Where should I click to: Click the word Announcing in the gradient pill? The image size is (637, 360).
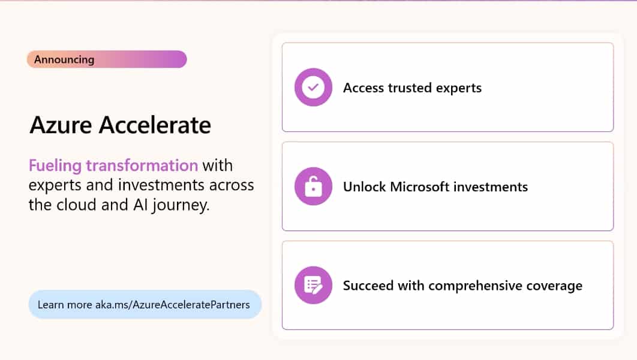coord(64,59)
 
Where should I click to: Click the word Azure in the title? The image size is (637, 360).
coord(61,125)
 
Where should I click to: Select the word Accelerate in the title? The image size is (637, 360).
coord(155,125)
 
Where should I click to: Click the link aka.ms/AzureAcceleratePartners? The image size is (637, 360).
coord(172,305)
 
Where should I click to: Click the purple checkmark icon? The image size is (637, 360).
coord(313,88)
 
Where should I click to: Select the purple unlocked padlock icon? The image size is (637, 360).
coord(313,187)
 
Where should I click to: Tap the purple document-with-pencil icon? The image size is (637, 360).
coord(313,286)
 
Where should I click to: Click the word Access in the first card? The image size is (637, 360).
coord(363,88)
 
